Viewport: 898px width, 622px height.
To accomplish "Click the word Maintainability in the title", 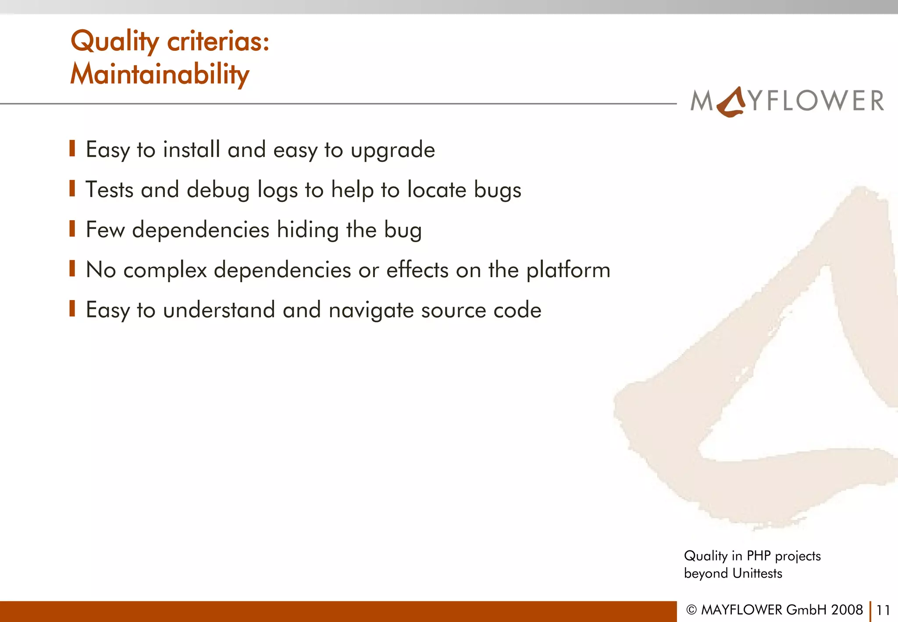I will [x=160, y=74].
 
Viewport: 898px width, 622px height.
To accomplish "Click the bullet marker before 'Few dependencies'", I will [x=72, y=229].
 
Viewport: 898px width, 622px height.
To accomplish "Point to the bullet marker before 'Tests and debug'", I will [x=72, y=189].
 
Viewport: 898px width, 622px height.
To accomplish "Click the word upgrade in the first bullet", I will [x=393, y=150].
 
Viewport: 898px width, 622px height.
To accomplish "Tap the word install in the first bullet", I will [x=191, y=149].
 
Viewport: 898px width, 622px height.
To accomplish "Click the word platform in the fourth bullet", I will [x=568, y=270].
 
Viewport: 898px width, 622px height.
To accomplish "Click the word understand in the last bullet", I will [x=219, y=310].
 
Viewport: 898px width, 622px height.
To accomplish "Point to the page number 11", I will [x=883, y=610].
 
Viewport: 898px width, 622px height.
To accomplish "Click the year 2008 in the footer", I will [x=847, y=610].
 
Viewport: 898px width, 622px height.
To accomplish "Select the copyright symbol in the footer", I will [x=691, y=610].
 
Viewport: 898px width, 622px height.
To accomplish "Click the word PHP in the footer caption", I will [x=759, y=556].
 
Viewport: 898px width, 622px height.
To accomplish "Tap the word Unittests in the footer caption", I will [x=757, y=573].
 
